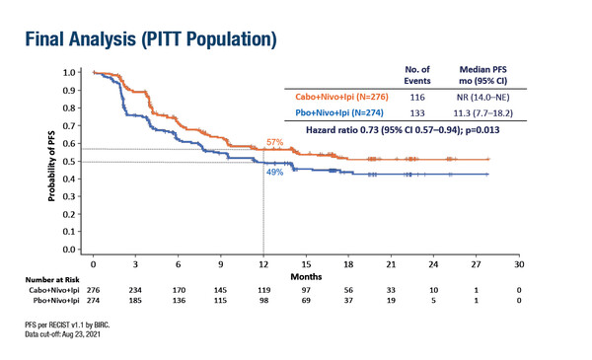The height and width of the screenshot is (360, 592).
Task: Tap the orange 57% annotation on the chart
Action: tap(276, 143)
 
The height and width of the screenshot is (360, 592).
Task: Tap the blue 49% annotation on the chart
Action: tap(274, 172)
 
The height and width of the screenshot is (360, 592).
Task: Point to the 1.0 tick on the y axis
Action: tap(69, 72)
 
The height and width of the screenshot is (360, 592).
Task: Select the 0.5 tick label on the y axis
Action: tap(69, 162)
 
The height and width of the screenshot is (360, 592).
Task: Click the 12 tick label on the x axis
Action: tap(262, 265)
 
